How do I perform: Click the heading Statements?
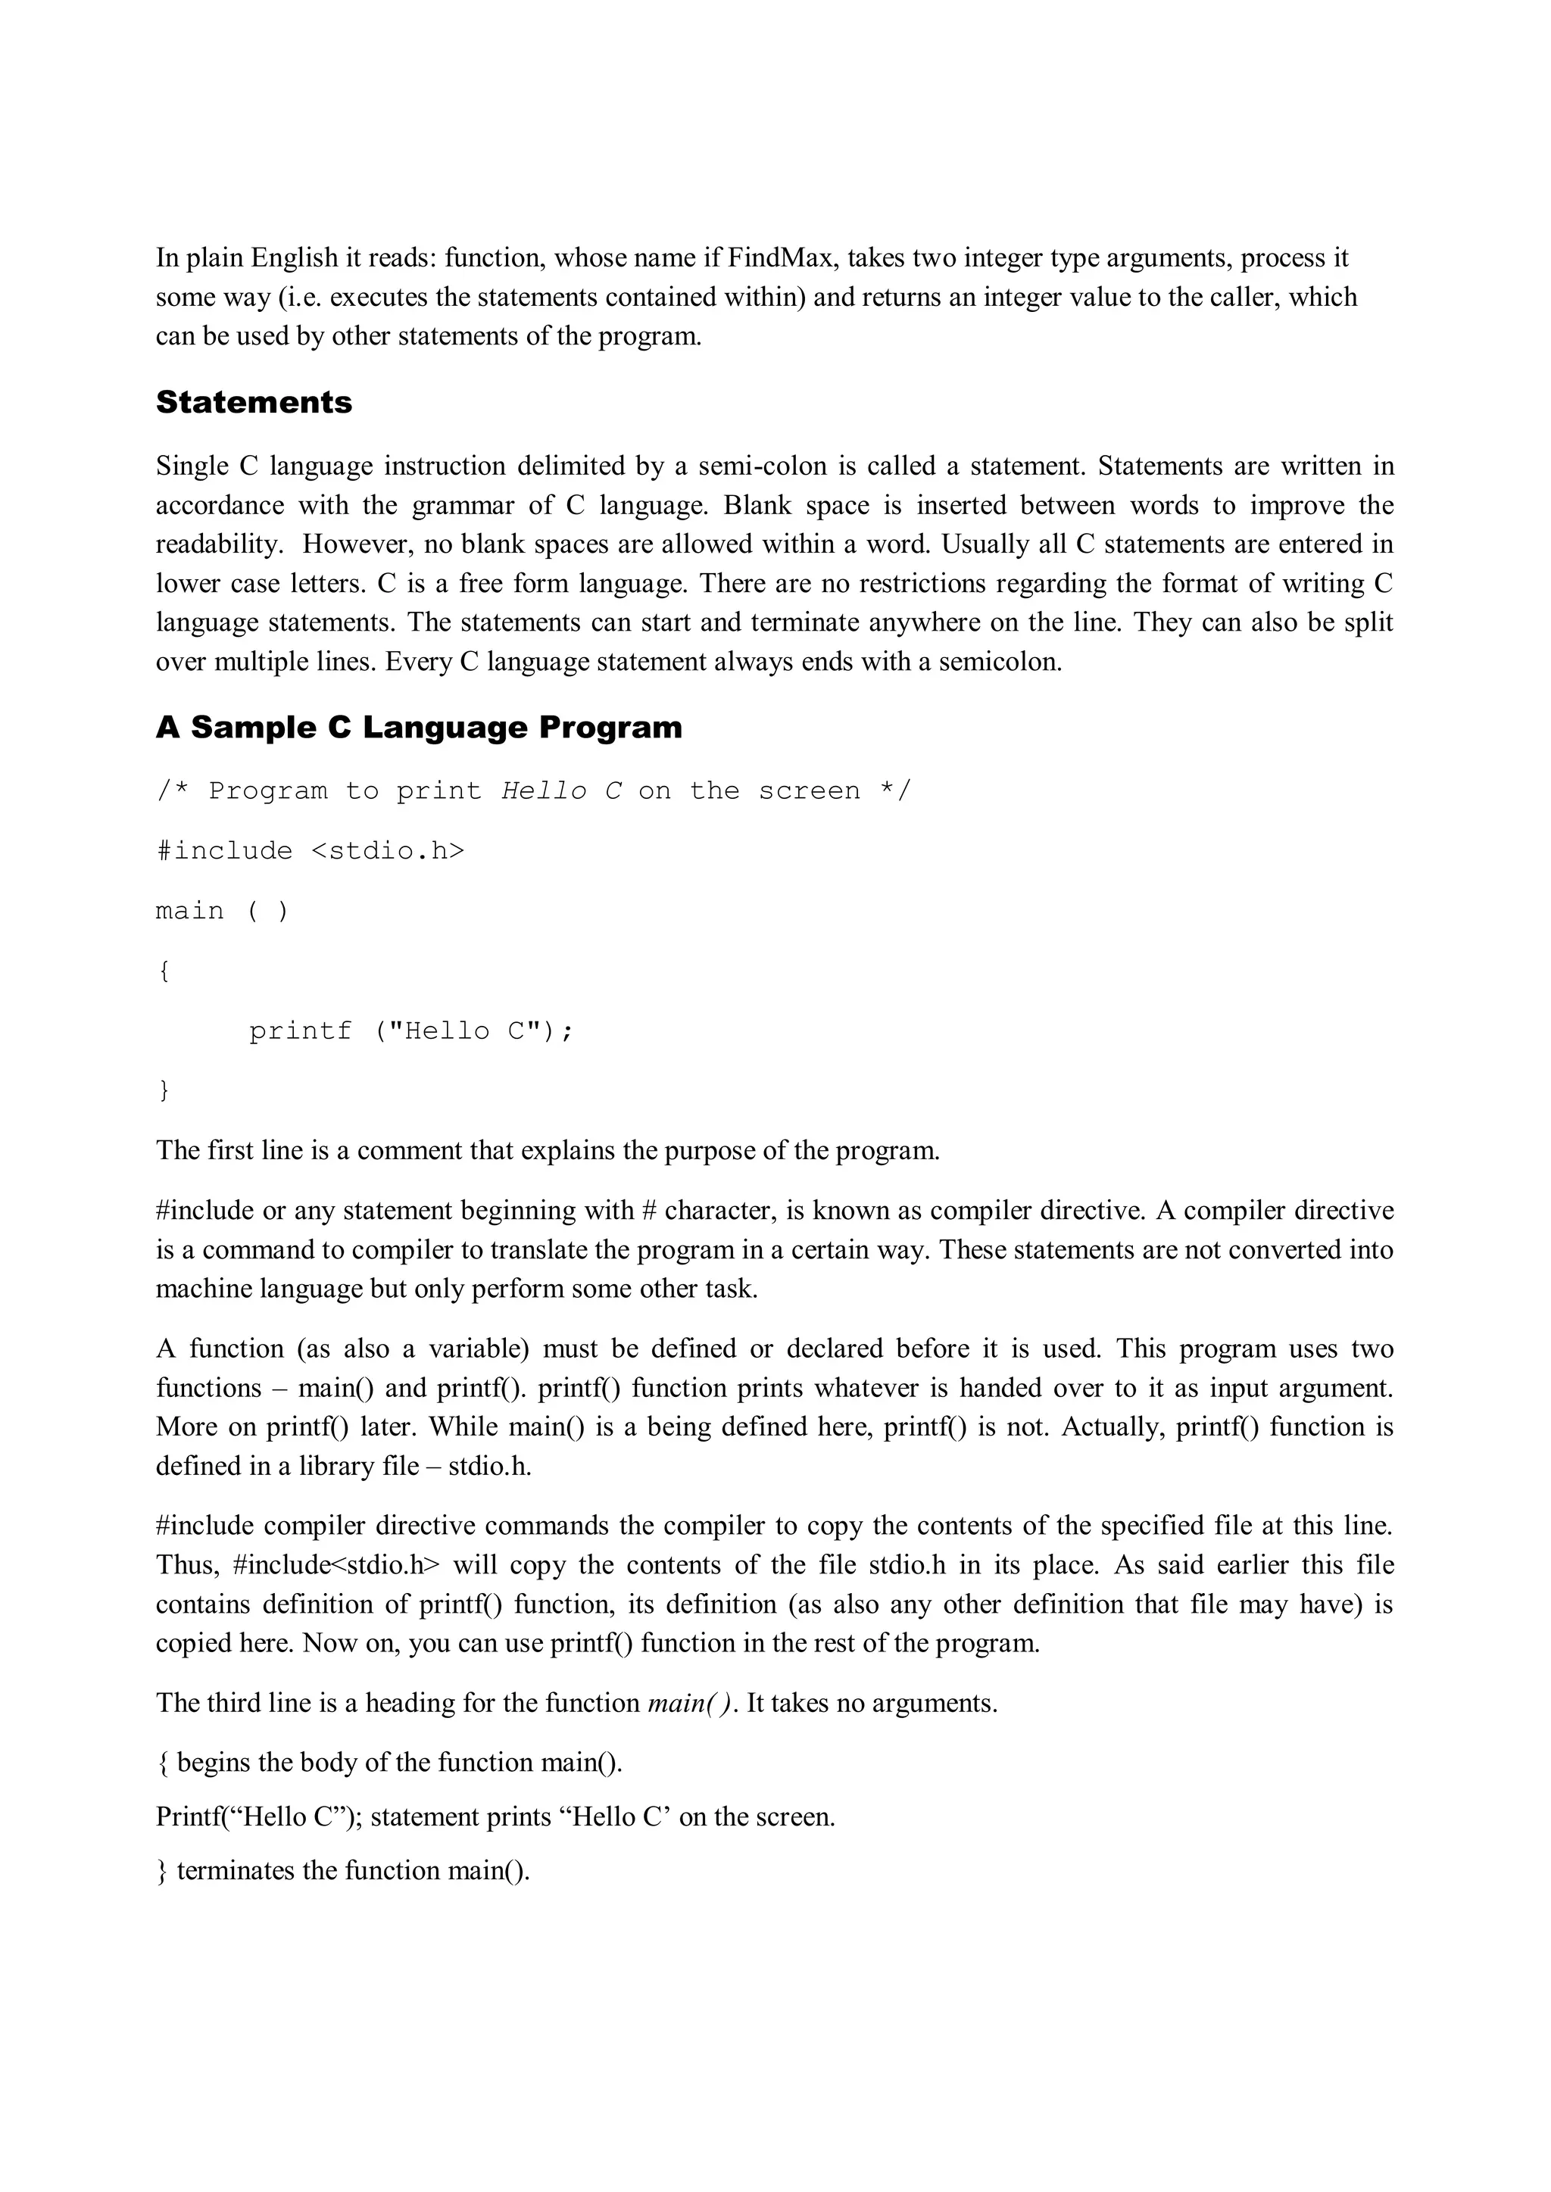tap(254, 402)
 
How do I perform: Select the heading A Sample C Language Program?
tap(420, 728)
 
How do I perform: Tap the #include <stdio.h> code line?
tap(311, 850)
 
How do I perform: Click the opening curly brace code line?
tap(164, 971)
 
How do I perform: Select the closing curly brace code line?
tap(164, 1090)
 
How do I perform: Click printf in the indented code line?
tap(300, 1031)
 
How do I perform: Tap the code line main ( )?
tap(222, 911)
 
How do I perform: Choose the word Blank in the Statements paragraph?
tap(757, 505)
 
